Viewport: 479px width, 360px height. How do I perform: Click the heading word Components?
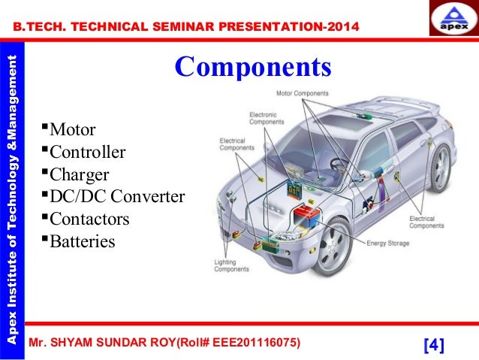click(x=252, y=67)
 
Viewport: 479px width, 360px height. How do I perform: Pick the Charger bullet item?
click(x=79, y=175)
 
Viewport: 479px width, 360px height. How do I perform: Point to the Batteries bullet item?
click(x=82, y=241)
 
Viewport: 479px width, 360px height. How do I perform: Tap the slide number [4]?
click(x=434, y=345)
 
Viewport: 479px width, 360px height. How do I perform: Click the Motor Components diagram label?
click(x=303, y=94)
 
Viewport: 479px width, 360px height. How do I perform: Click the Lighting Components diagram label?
click(x=232, y=265)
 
